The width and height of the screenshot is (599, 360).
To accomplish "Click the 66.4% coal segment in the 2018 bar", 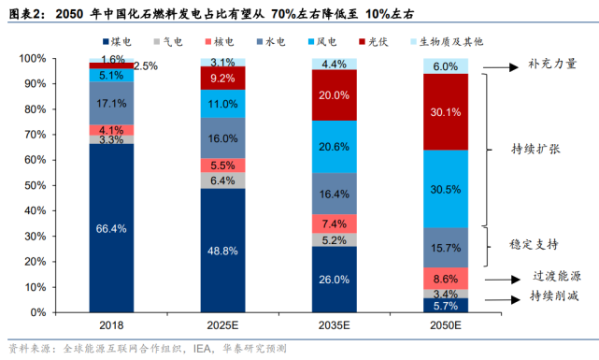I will pos(111,228).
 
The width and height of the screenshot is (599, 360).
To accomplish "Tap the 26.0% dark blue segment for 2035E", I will pos(335,280).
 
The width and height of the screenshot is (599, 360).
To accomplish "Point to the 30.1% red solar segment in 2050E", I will pos(446,111).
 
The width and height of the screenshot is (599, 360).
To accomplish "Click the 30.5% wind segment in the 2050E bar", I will pos(446,188).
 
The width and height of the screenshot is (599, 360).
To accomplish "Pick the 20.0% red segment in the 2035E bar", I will pos(335,95).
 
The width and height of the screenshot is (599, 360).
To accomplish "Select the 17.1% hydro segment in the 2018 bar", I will pos(111,103).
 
